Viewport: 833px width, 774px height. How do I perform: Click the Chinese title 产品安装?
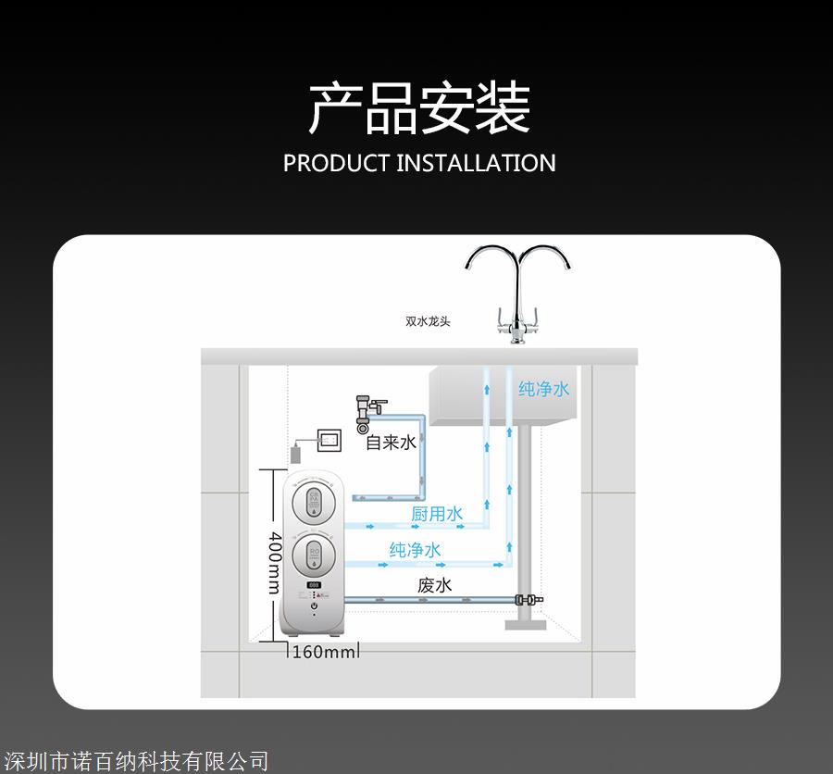click(x=418, y=108)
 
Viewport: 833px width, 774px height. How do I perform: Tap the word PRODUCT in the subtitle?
click(x=336, y=163)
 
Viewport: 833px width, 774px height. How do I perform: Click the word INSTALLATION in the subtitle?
click(x=476, y=163)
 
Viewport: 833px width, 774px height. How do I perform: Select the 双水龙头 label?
click(x=428, y=321)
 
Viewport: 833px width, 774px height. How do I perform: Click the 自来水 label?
click(x=391, y=443)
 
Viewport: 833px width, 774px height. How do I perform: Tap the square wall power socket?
click(x=328, y=440)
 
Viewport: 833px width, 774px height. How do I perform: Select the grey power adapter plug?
click(x=296, y=454)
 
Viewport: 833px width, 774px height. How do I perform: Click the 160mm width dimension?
click(x=322, y=652)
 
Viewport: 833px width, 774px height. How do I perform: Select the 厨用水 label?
click(x=436, y=514)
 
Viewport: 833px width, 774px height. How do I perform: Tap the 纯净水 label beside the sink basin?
click(x=543, y=389)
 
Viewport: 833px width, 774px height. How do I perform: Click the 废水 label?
click(x=434, y=585)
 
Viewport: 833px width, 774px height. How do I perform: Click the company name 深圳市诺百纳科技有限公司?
click(x=135, y=761)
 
